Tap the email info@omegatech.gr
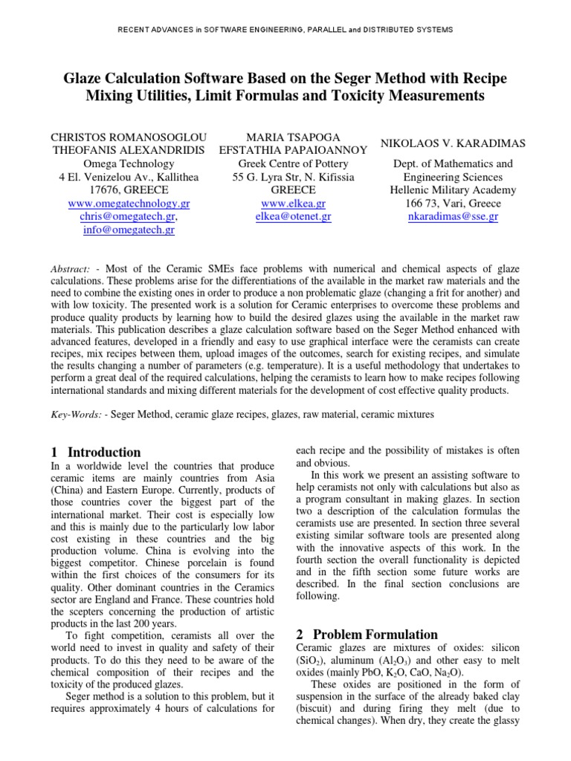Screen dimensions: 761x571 pyautogui.click(x=129, y=230)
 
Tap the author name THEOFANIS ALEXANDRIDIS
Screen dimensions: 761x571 pyautogui.click(x=128, y=149)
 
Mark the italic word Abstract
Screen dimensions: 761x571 pyautogui.click(x=71, y=268)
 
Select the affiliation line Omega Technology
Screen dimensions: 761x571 pyautogui.click(x=129, y=163)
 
